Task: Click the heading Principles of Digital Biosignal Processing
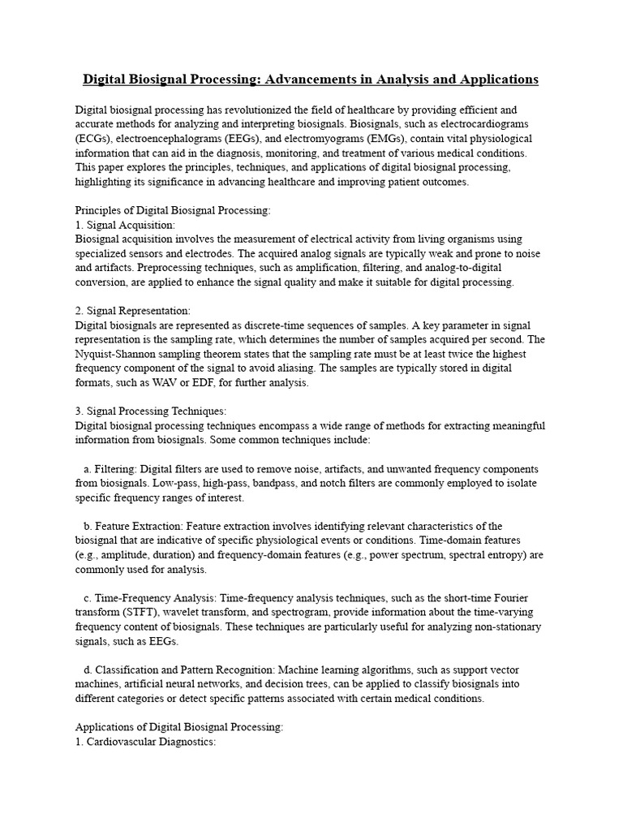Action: pyautogui.click(x=173, y=210)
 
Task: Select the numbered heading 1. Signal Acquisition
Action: pyautogui.click(x=125, y=225)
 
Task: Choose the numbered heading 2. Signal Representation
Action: pyautogui.click(x=133, y=311)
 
